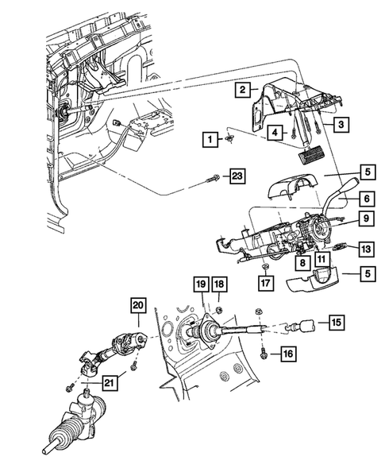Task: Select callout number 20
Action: click(139, 305)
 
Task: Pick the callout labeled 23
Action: click(236, 176)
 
